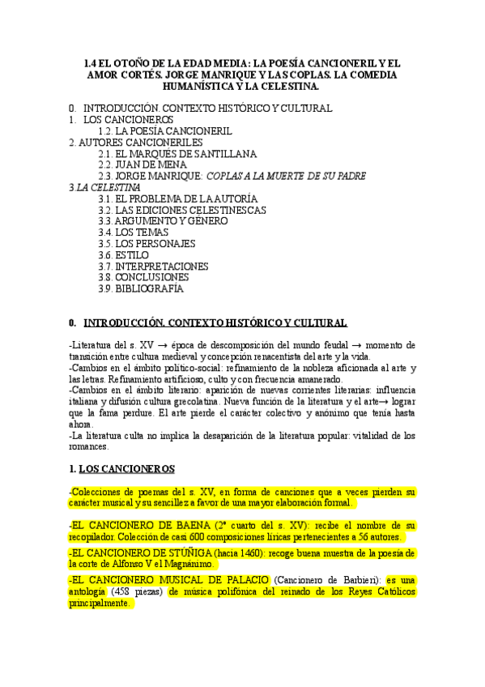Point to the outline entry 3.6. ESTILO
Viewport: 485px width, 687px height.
pos(123,254)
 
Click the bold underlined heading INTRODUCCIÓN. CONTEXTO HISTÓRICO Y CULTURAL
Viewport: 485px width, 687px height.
pos(216,322)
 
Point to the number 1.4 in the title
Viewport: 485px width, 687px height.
pos(93,62)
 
